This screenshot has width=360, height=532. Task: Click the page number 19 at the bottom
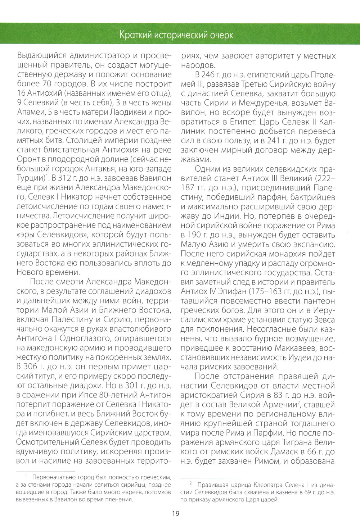tap(176, 513)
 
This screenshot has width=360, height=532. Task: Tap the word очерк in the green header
tap(220, 35)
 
